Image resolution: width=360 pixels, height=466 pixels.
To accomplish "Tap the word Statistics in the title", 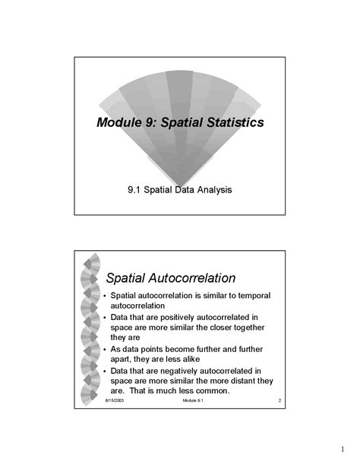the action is (231, 122).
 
